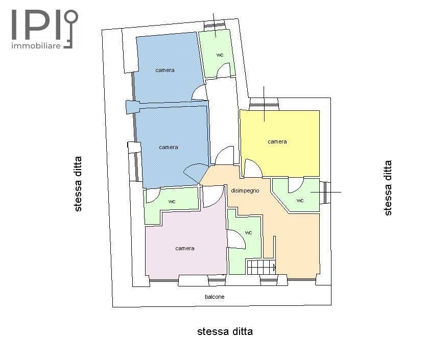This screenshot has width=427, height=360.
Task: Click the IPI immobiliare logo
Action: tap(44, 29)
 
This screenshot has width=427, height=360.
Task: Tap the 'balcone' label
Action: tap(215, 297)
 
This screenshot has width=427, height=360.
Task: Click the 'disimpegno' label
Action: tap(245, 190)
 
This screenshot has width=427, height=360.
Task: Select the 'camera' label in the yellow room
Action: tap(277, 141)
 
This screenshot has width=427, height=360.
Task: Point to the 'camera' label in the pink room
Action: tap(185, 248)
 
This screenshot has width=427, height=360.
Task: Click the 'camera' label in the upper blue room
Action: tap(165, 70)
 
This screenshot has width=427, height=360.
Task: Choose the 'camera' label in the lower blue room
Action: tap(169, 148)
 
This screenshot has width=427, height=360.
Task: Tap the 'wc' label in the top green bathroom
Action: tap(220, 55)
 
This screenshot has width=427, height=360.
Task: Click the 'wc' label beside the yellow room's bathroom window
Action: tap(300, 201)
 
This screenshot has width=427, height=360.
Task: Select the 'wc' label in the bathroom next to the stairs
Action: tap(248, 233)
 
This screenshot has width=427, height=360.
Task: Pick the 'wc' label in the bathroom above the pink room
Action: tap(172, 202)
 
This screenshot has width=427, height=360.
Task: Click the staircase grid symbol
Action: tap(261, 267)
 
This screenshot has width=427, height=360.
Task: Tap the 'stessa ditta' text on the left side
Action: tap(78, 184)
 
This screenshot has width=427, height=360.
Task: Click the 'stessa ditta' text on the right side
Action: tap(388, 188)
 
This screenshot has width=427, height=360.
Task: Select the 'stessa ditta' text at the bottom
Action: tap(225, 331)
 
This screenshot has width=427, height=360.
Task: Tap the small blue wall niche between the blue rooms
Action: tap(132, 107)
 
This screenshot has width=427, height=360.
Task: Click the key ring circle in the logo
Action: tap(71, 17)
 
